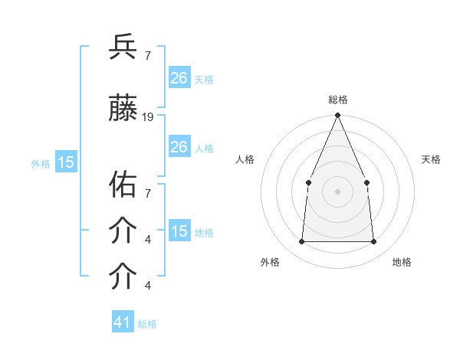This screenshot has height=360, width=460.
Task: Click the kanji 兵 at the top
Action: coord(123,47)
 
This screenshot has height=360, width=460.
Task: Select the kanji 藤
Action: coord(123,110)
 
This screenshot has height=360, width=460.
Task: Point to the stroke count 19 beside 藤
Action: coord(148,117)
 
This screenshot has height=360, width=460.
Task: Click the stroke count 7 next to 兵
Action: coord(147,55)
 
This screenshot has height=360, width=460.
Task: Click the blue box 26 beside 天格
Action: coord(179,78)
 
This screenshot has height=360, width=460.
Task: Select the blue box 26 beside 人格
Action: coord(179,147)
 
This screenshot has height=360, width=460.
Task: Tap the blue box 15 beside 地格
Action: coord(179,231)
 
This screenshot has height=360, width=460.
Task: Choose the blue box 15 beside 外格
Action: coord(65,162)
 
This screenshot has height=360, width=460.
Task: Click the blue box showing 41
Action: coord(123,322)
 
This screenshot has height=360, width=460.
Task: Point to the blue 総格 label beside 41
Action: coord(147,324)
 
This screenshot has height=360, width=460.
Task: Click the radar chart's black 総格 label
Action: coord(337,100)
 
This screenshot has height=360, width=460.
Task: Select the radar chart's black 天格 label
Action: coord(431,159)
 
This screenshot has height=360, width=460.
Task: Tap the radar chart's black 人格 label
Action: coord(245,159)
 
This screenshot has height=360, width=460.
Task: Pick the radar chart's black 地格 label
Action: coord(402,262)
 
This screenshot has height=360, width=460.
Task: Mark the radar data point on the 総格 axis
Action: coord(337,116)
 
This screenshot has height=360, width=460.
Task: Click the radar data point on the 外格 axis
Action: coord(301,242)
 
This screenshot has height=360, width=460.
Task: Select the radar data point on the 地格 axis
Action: coord(374,242)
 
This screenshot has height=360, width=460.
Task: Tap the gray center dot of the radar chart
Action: coord(337,191)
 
